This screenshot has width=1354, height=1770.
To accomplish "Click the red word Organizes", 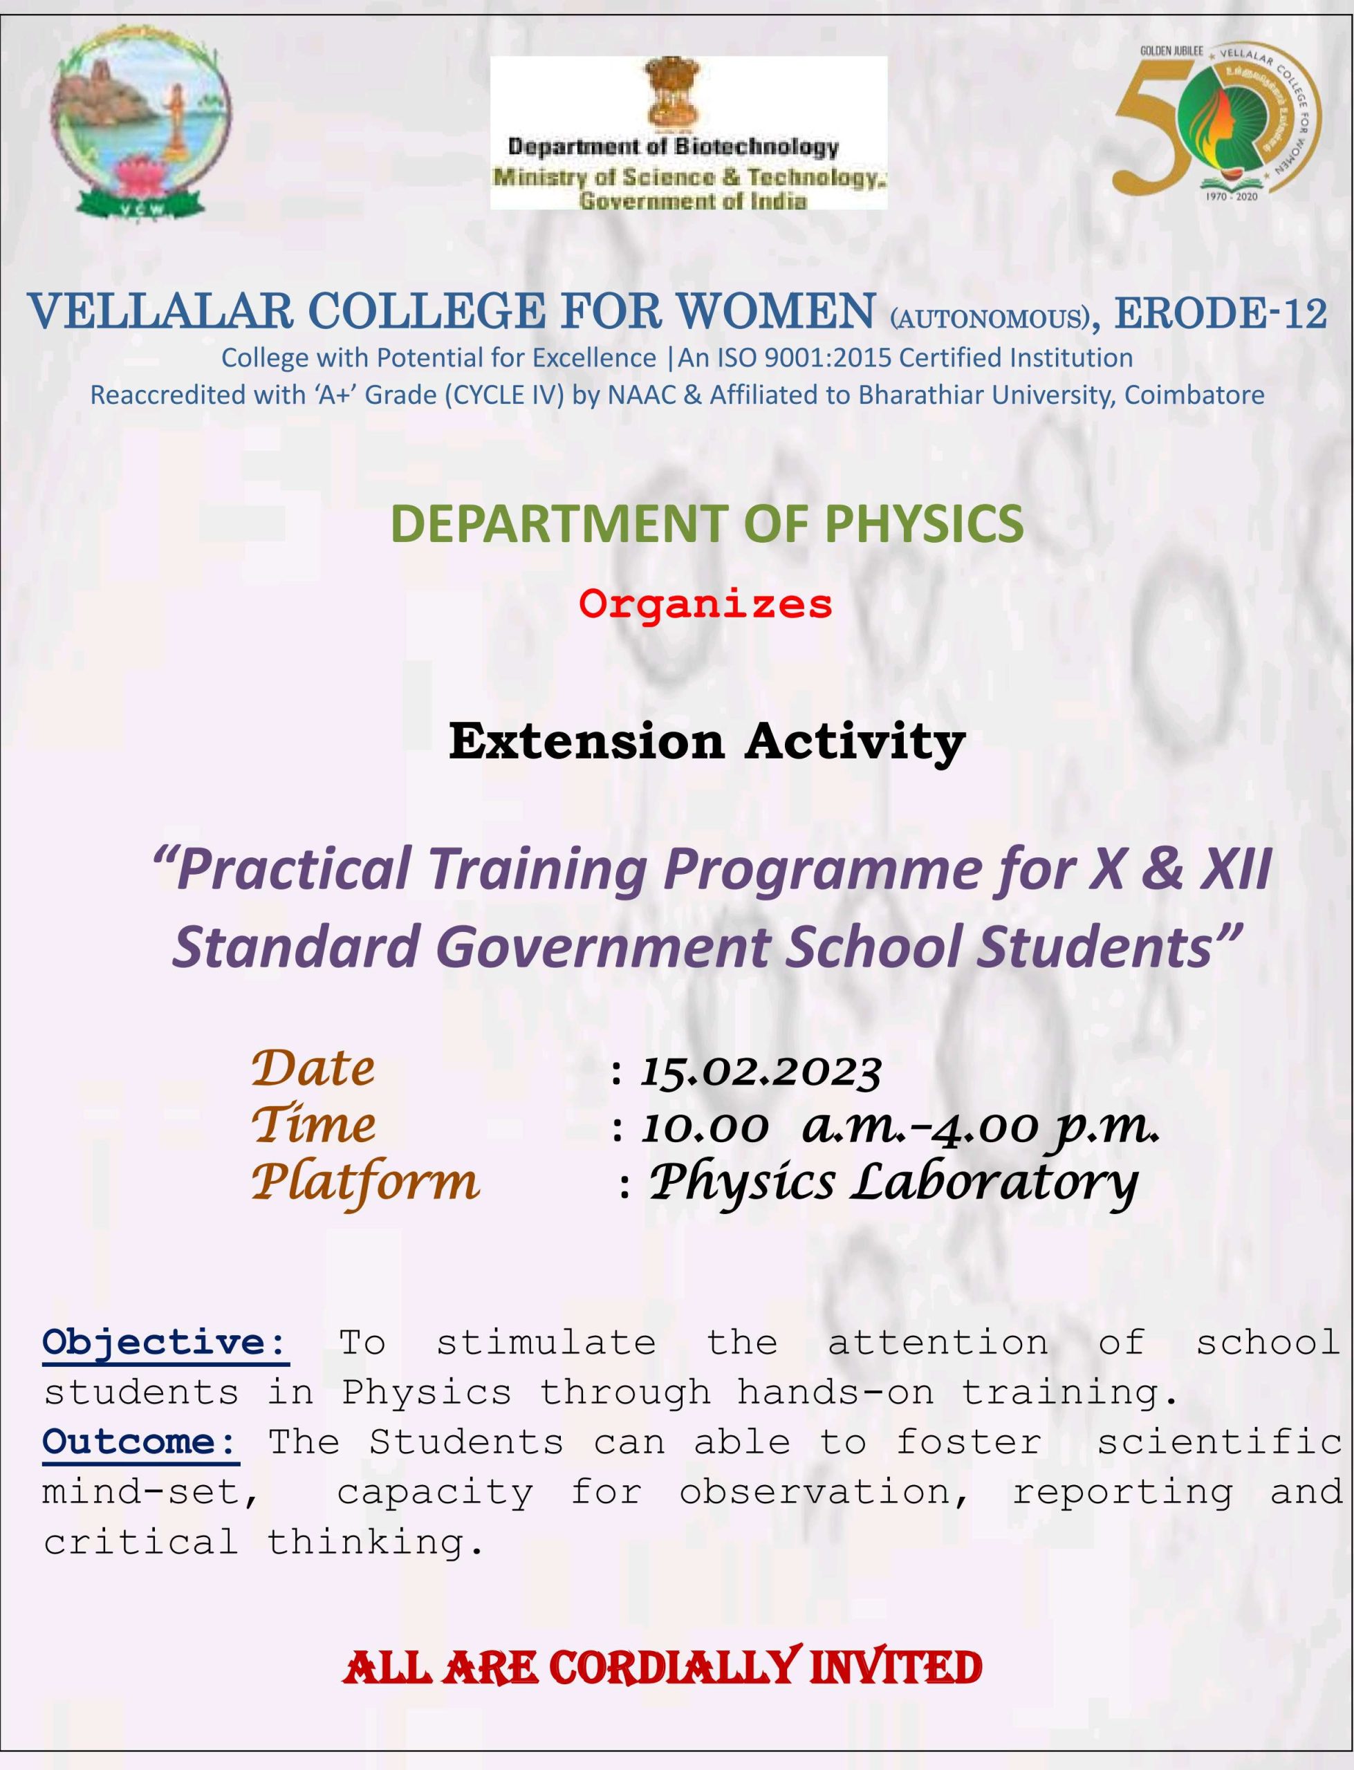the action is tap(705, 604).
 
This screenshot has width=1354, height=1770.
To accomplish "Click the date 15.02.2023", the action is tap(761, 1072).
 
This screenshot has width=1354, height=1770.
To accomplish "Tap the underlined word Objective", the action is tap(165, 1342).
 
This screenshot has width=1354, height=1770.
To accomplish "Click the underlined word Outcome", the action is tap(141, 1442).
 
